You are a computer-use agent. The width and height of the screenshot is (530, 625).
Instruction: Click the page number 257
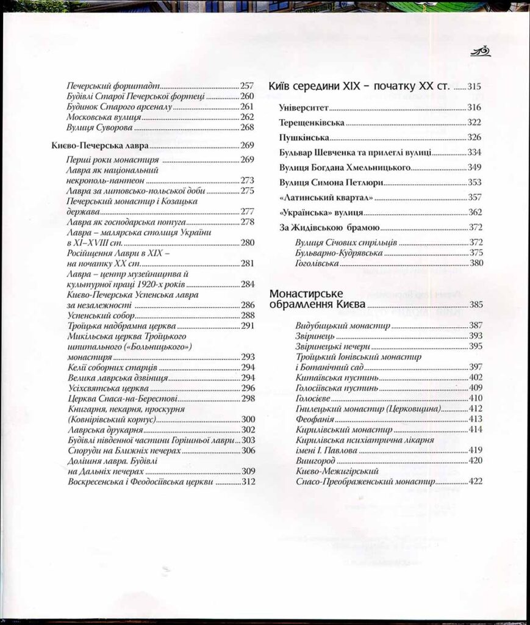246,86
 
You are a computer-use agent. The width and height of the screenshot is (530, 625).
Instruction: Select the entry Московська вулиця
104,117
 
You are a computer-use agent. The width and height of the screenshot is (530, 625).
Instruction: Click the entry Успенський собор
100,316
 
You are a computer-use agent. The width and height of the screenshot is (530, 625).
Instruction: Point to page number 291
247,326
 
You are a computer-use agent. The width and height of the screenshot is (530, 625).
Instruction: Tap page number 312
248,482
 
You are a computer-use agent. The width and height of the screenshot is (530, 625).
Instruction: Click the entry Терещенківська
312,123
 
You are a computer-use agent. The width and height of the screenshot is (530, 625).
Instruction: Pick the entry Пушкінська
304,137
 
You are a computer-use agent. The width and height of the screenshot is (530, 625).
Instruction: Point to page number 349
474,167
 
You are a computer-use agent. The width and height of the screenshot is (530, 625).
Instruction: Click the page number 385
475,304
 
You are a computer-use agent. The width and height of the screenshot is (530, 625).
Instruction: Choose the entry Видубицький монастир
342,326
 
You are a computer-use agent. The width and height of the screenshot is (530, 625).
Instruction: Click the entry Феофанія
313,419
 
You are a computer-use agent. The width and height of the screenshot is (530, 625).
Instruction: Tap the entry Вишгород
313,461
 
